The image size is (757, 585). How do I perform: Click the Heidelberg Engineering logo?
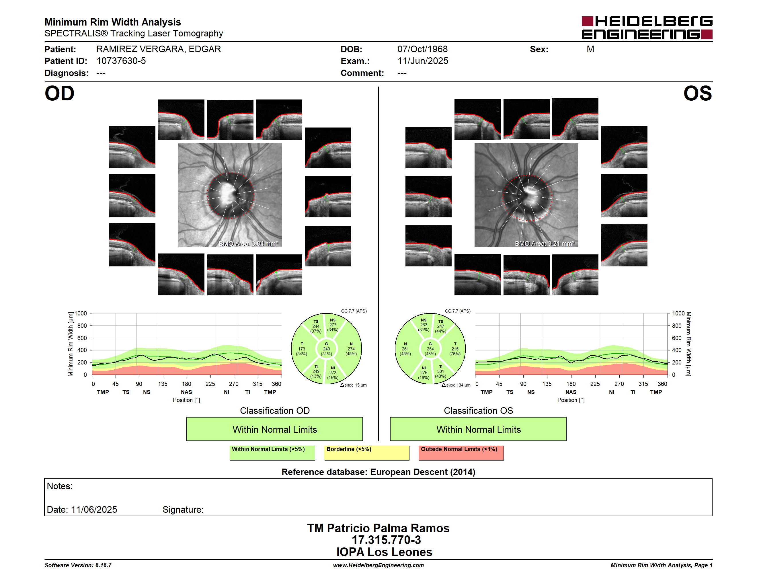(647, 28)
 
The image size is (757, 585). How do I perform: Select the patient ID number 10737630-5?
(121, 61)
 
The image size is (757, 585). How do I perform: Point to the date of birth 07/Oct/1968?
(422, 49)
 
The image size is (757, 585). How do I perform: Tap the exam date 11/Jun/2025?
(423, 61)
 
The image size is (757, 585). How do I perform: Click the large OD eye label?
(59, 93)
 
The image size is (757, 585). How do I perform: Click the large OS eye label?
(697, 93)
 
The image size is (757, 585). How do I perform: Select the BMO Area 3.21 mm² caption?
(544, 244)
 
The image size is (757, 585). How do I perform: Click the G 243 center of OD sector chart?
(326, 349)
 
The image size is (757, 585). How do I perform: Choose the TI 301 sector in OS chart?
(440, 371)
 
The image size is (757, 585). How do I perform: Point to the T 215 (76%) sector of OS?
(455, 349)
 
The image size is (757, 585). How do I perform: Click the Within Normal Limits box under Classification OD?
(274, 429)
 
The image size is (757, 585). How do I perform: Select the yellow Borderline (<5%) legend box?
(366, 453)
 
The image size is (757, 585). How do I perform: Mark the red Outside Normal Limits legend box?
(461, 453)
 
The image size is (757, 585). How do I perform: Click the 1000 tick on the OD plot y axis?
(81, 313)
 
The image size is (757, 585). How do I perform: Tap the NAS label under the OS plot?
(571, 392)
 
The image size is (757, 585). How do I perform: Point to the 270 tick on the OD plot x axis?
(234, 384)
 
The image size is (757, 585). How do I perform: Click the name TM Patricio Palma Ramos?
(378, 528)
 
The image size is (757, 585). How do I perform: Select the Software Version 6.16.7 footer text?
(78, 565)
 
